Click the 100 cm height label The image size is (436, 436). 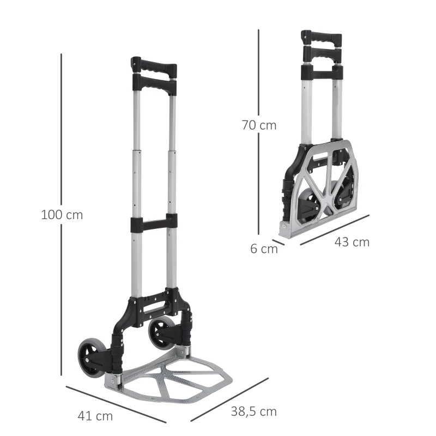pos(62,215)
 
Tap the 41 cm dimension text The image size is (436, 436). pos(96,416)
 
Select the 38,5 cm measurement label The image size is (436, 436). pos(252,411)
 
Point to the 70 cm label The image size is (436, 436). pos(259,125)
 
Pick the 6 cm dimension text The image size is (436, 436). pos(264,249)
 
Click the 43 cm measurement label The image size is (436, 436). pos(352,242)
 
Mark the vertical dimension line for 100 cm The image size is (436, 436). pos(62,136)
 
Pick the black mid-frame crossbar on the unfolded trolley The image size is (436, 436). pos(154,223)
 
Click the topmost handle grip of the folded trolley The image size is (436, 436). pos(322,39)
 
